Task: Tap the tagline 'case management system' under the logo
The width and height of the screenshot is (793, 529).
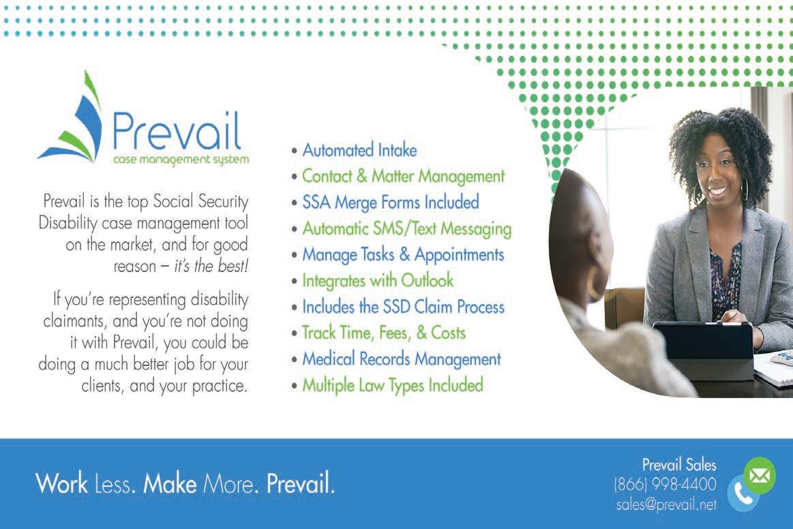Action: pyautogui.click(x=181, y=160)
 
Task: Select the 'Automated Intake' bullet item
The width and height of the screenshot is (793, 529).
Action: pyautogui.click(x=359, y=150)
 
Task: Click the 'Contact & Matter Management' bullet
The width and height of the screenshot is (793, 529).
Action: pyautogui.click(x=403, y=177)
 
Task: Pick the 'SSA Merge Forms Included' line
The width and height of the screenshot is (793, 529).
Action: pyautogui.click(x=391, y=202)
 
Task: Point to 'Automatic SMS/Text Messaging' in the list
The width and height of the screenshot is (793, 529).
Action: pyautogui.click(x=406, y=228)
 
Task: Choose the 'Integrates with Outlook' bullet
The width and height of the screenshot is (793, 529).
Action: pyautogui.click(x=378, y=281)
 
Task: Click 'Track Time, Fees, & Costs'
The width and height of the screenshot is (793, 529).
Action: pyautogui.click(x=384, y=333)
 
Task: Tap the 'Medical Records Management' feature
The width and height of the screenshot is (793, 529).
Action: pyautogui.click(x=402, y=359)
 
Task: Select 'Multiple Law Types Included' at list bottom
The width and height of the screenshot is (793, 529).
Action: pyautogui.click(x=393, y=385)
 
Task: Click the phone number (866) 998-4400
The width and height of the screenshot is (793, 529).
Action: pyautogui.click(x=665, y=484)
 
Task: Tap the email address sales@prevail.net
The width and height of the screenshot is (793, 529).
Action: pyautogui.click(x=666, y=504)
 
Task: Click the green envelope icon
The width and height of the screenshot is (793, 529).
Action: pyautogui.click(x=759, y=475)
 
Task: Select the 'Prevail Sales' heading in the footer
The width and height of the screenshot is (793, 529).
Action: pyautogui.click(x=679, y=464)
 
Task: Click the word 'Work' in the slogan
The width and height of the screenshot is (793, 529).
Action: pyautogui.click(x=61, y=483)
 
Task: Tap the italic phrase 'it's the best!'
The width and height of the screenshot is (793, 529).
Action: pyautogui.click(x=211, y=266)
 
